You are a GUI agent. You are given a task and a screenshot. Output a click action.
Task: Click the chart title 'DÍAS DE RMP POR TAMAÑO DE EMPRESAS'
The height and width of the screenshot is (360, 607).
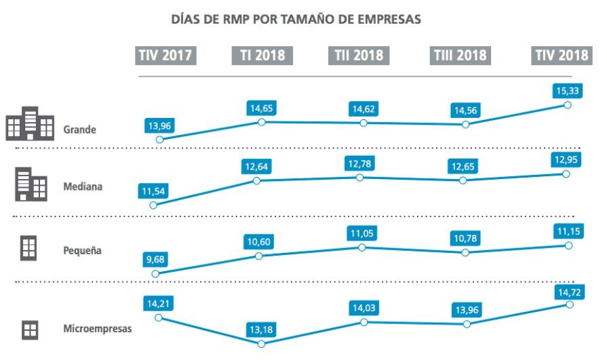tap(297, 19)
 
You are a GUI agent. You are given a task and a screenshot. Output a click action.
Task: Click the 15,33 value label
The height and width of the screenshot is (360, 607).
tap(566, 89)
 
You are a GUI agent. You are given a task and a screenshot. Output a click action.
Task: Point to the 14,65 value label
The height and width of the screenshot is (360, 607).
tap(261, 107)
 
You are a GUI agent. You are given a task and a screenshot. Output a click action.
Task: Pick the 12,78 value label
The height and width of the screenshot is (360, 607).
tap(359, 163)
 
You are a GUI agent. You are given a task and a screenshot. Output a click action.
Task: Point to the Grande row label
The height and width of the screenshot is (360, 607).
tap(80, 129)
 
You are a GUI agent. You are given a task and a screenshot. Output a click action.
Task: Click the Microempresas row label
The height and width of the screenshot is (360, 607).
tap(97, 329)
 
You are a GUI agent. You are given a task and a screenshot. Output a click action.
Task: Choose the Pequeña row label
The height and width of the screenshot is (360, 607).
tap(82, 250)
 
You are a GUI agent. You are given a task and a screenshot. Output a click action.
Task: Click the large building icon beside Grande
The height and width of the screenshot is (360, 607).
tap(29, 123)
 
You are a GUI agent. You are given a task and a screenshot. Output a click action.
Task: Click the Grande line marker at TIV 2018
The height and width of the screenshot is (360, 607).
tap(567, 104)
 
